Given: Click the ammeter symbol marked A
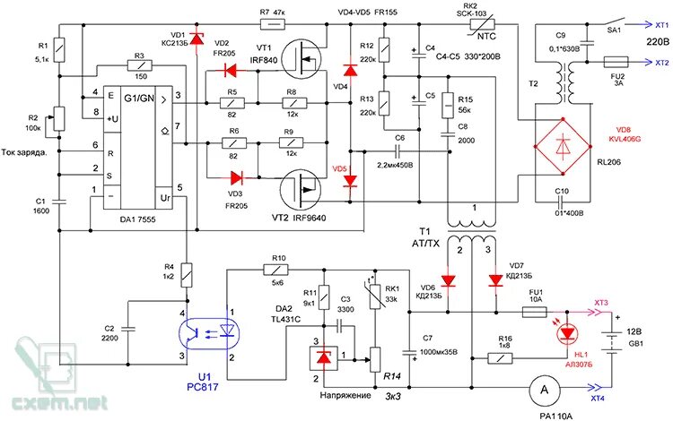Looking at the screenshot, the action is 544,390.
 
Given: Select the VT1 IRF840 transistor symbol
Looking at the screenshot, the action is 302,59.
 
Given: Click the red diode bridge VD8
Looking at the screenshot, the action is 564,147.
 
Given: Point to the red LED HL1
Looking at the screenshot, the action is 567,333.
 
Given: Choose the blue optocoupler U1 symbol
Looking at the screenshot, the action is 208,333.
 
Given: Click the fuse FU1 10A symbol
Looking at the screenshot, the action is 534,313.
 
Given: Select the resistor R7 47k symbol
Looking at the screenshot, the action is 273,24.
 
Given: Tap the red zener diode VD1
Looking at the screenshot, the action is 197,39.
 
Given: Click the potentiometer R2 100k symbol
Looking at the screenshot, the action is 59,119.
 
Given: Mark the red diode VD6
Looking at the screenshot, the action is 449,281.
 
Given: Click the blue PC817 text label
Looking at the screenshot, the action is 203,387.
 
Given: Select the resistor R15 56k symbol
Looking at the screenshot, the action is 448,105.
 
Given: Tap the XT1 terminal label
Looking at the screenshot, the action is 662,25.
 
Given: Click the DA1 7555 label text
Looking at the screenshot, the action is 138,219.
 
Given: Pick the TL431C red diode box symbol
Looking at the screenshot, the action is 323,358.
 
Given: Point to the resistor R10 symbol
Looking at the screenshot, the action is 275,270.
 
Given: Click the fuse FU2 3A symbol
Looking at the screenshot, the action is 616,62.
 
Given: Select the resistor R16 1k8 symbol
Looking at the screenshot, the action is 501,358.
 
